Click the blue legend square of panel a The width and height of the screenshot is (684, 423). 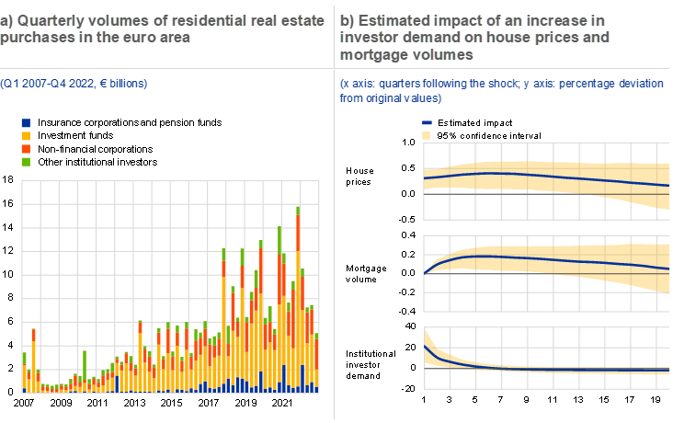(x=26, y=122)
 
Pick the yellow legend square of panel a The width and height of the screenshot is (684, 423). (x=26, y=135)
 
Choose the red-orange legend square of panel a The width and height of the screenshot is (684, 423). (x=26, y=148)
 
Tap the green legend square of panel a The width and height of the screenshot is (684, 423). (x=26, y=161)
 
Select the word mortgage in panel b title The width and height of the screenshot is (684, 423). (x=371, y=53)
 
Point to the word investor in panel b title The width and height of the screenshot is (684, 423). (x=368, y=37)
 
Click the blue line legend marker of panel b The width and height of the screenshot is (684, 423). (x=427, y=122)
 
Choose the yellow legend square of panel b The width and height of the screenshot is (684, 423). (x=427, y=135)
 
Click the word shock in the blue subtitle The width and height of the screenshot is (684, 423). (x=486, y=84)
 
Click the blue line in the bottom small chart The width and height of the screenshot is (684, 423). (x=552, y=370)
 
